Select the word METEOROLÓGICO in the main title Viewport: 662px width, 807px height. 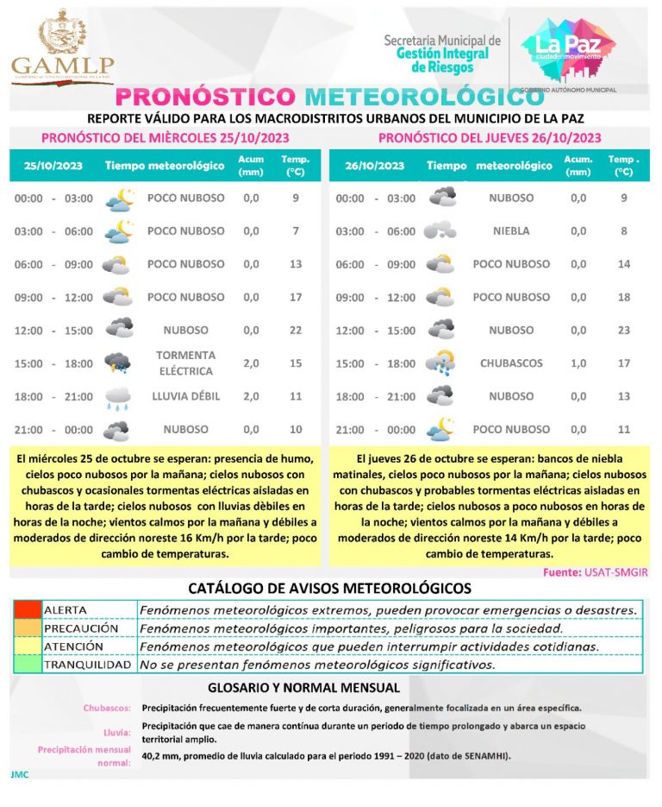(x=412, y=96)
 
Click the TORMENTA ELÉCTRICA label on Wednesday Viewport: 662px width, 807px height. (x=185, y=363)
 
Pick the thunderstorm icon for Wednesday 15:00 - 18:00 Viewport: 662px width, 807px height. (x=118, y=363)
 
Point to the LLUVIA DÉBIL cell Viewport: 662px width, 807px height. (x=185, y=396)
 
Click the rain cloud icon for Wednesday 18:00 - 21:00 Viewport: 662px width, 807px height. (x=118, y=397)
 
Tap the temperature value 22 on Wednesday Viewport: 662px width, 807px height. (x=296, y=331)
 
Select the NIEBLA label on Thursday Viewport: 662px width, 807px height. (x=511, y=231)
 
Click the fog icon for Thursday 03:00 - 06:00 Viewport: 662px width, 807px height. (x=440, y=231)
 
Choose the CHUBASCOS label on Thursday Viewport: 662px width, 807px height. (x=511, y=363)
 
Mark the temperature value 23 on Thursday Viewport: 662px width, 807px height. (x=624, y=331)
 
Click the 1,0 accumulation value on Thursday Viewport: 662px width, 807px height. (x=578, y=363)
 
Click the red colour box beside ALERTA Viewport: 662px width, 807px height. (x=28, y=609)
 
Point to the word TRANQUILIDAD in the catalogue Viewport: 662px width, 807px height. (x=88, y=665)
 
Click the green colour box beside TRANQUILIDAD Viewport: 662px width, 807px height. (x=28, y=665)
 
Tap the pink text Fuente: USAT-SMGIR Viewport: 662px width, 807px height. (x=595, y=573)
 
